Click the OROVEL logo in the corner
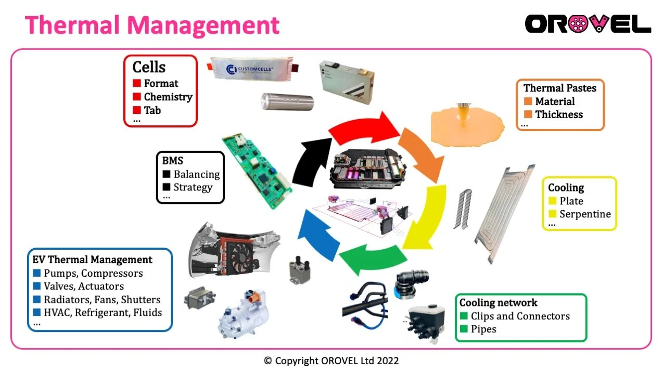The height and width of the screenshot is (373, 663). [588, 24]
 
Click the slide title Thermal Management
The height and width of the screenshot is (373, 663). [152, 24]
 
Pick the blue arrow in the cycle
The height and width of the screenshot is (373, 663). [317, 236]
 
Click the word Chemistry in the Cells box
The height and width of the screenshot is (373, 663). [168, 97]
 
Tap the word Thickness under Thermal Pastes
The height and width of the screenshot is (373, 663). [559, 114]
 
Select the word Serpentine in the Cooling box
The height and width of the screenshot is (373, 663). [585, 214]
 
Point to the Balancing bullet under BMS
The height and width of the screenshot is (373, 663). [196, 174]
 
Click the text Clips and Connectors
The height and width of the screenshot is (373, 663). [520, 316]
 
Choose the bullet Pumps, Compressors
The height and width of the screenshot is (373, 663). [93, 273]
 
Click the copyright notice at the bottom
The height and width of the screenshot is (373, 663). [331, 360]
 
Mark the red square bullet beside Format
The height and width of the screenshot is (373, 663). [137, 83]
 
